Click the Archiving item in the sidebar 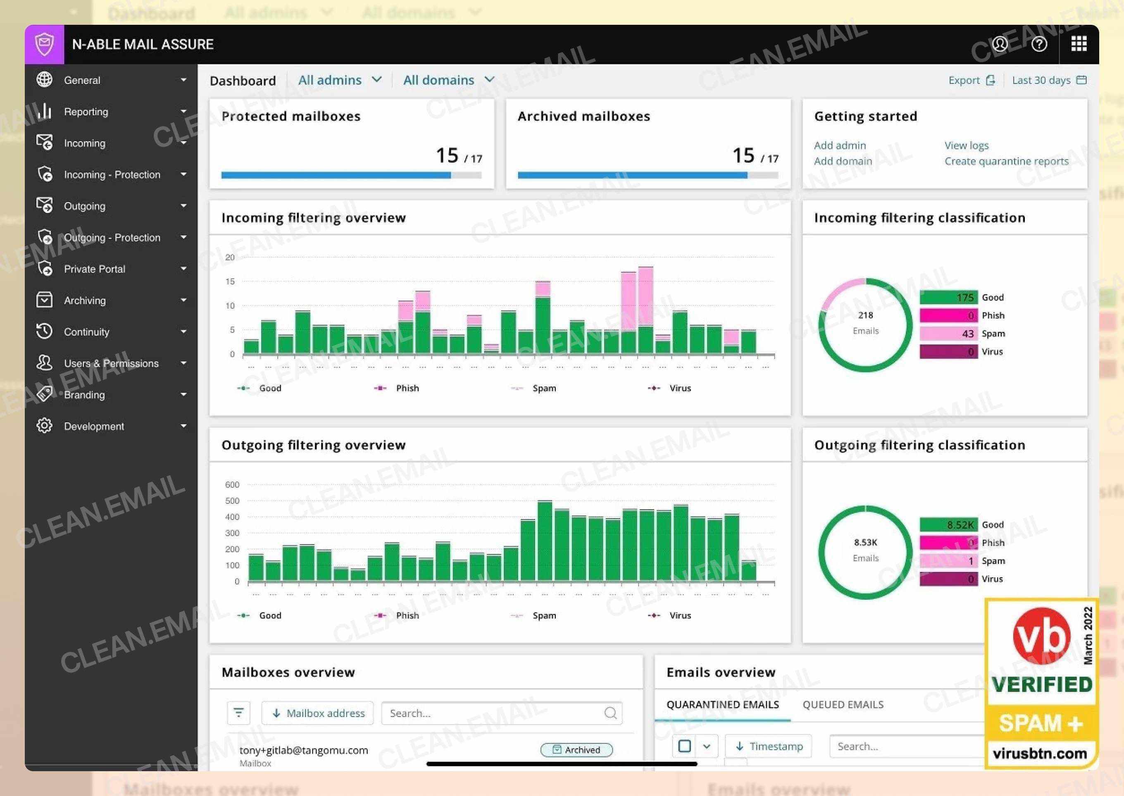[x=85, y=300]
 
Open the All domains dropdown [x=448, y=80]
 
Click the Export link [x=971, y=80]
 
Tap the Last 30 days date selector [x=1048, y=80]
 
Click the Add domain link [x=843, y=161]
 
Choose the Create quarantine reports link [x=1006, y=161]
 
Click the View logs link [x=966, y=145]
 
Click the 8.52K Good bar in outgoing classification [x=948, y=525]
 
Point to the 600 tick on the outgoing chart [x=232, y=485]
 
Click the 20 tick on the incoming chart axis [x=230, y=257]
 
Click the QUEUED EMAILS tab [x=843, y=705]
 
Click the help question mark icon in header [x=1039, y=45]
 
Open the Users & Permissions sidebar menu [x=111, y=364]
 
